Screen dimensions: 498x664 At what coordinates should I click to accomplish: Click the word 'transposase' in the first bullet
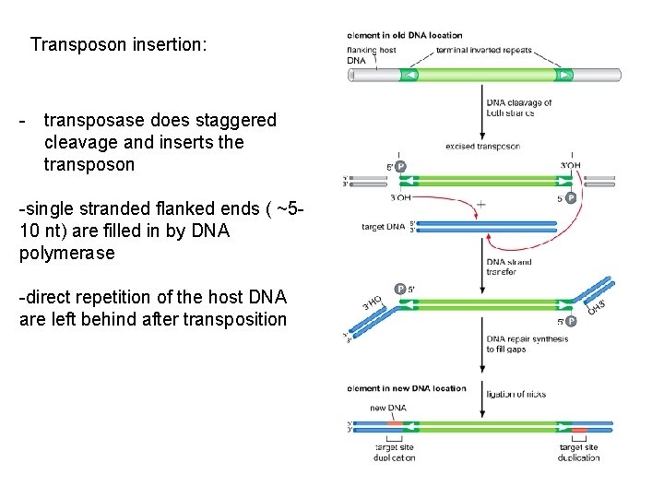(94, 121)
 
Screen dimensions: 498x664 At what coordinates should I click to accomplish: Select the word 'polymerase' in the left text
(66, 253)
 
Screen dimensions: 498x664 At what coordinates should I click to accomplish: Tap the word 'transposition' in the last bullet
(235, 319)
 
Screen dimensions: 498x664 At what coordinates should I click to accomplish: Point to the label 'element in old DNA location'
(405, 35)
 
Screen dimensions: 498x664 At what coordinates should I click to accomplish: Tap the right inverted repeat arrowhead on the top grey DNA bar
(563, 75)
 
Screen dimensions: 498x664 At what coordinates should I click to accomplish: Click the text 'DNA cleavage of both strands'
(519, 108)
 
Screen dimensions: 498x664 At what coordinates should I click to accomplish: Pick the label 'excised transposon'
(482, 146)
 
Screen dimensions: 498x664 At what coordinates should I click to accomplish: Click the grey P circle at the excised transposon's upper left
(400, 167)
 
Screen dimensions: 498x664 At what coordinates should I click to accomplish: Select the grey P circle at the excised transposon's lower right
(570, 197)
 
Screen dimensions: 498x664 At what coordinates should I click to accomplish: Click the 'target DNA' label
(382, 226)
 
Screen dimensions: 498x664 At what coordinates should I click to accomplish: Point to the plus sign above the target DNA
(480, 204)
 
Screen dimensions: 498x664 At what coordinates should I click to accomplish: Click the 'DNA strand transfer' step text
(509, 267)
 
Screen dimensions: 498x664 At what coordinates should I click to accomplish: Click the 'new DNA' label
(388, 408)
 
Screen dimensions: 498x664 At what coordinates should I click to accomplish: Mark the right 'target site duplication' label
(578, 452)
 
